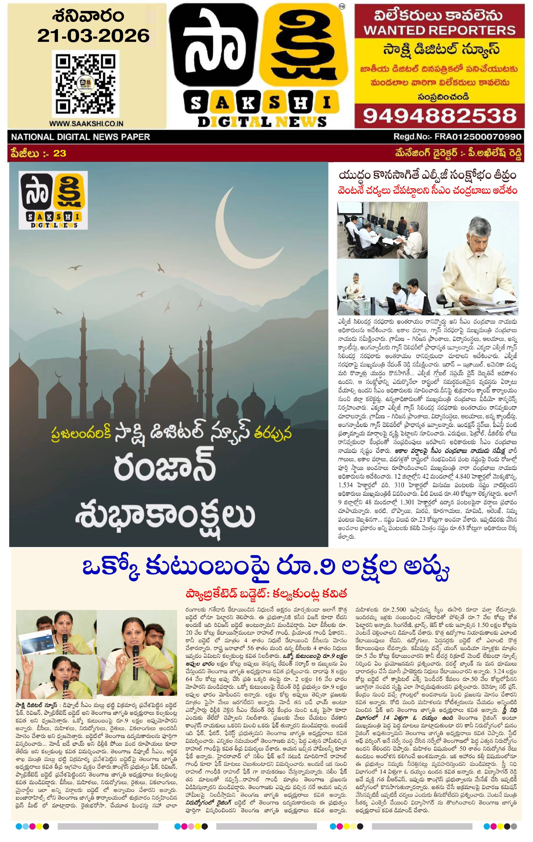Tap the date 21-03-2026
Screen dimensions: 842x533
(93, 35)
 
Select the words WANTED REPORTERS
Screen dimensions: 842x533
(440, 31)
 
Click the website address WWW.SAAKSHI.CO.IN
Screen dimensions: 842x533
(86, 123)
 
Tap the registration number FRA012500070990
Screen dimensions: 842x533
(477, 137)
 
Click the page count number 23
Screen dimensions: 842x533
(59, 153)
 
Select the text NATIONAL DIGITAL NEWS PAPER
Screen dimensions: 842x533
(81, 137)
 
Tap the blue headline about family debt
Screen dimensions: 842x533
(266, 569)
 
